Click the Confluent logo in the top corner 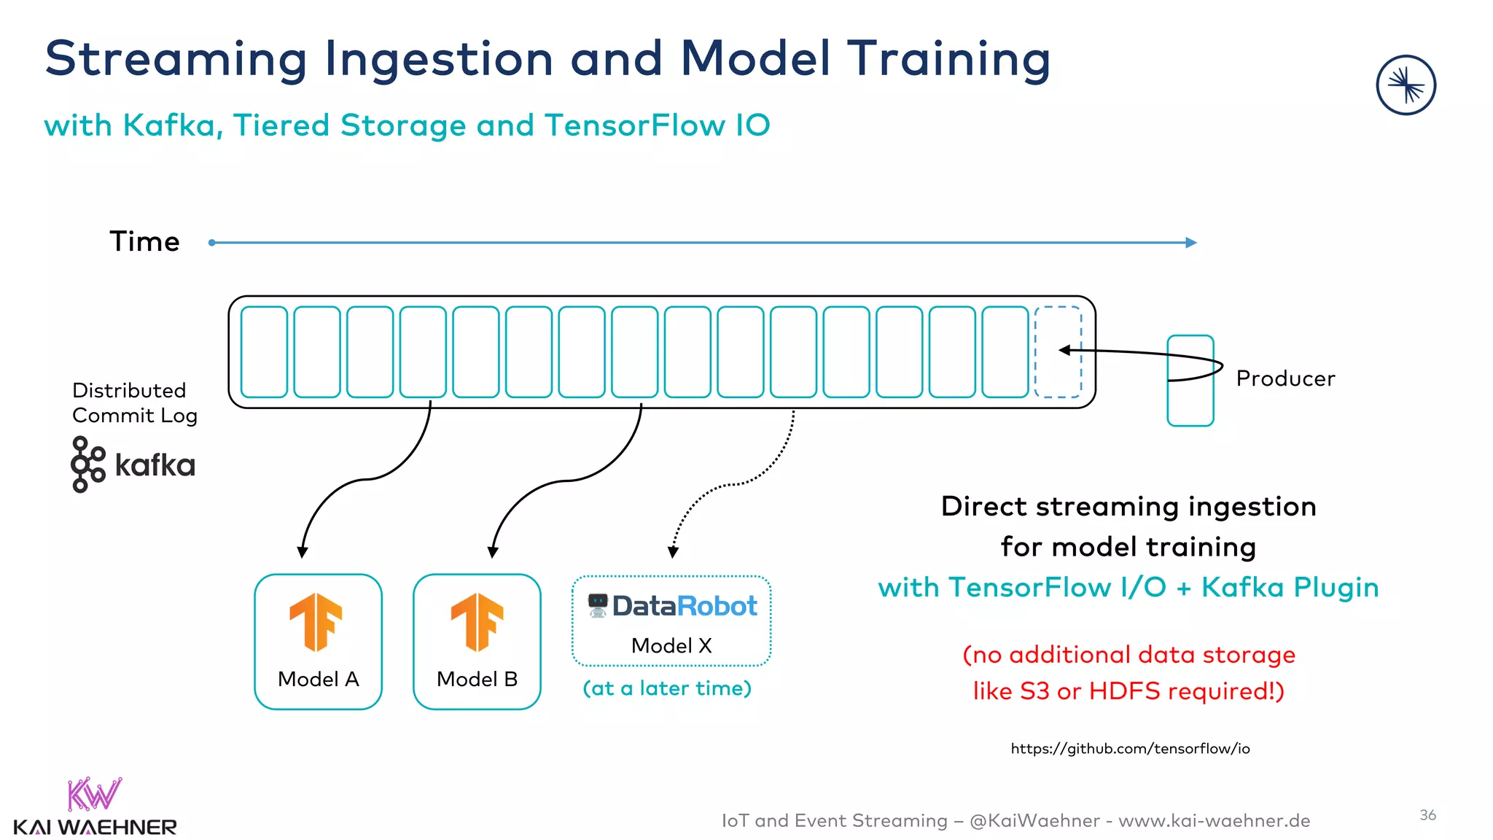1406,85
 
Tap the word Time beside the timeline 144,242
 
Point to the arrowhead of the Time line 1191,243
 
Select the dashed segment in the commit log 1058,352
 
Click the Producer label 1285,378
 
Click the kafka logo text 155,465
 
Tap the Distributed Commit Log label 134,402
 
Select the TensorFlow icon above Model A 316,622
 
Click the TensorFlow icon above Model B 477,622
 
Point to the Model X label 671,645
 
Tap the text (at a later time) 667,688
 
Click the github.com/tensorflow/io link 1130,748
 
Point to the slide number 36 1427,815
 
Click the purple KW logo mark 94,795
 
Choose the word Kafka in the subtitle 169,125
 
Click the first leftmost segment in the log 264,352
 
